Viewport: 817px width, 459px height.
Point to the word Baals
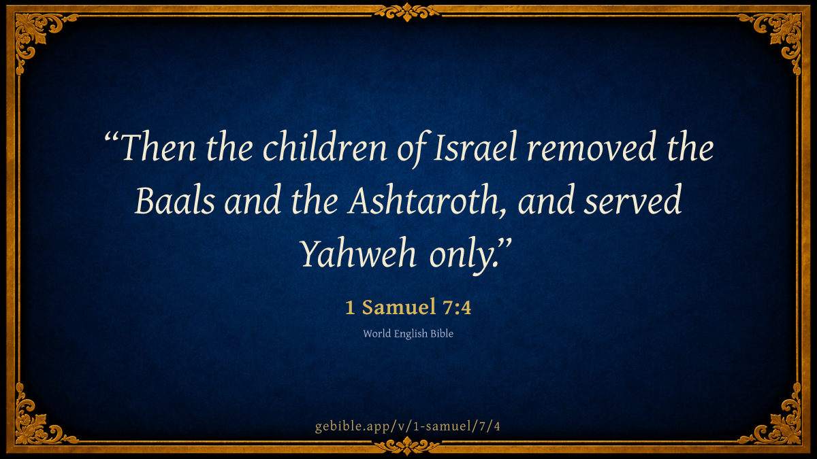(x=175, y=200)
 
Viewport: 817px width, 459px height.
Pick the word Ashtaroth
(x=427, y=200)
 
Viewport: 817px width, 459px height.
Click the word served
(x=632, y=200)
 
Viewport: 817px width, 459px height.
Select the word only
(x=463, y=255)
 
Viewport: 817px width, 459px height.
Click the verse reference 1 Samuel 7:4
(x=408, y=307)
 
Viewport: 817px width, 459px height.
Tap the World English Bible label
(x=408, y=334)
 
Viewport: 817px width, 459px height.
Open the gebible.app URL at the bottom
(x=407, y=426)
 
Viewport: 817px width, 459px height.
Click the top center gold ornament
(x=407, y=12)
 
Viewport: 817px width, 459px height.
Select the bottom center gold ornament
(x=407, y=446)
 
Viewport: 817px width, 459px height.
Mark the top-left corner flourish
(x=37, y=35)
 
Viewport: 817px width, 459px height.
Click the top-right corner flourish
(x=780, y=35)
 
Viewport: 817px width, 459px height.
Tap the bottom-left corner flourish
(x=37, y=422)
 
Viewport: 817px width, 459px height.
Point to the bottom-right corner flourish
(x=780, y=422)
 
